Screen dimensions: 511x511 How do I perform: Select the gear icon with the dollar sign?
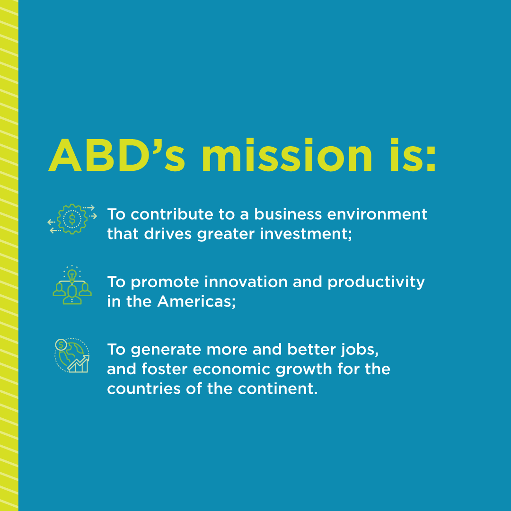pyautogui.click(x=72, y=219)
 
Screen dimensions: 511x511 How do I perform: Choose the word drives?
pyautogui.click(x=172, y=234)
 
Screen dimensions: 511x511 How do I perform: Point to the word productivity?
pyautogui.click(x=376, y=282)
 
